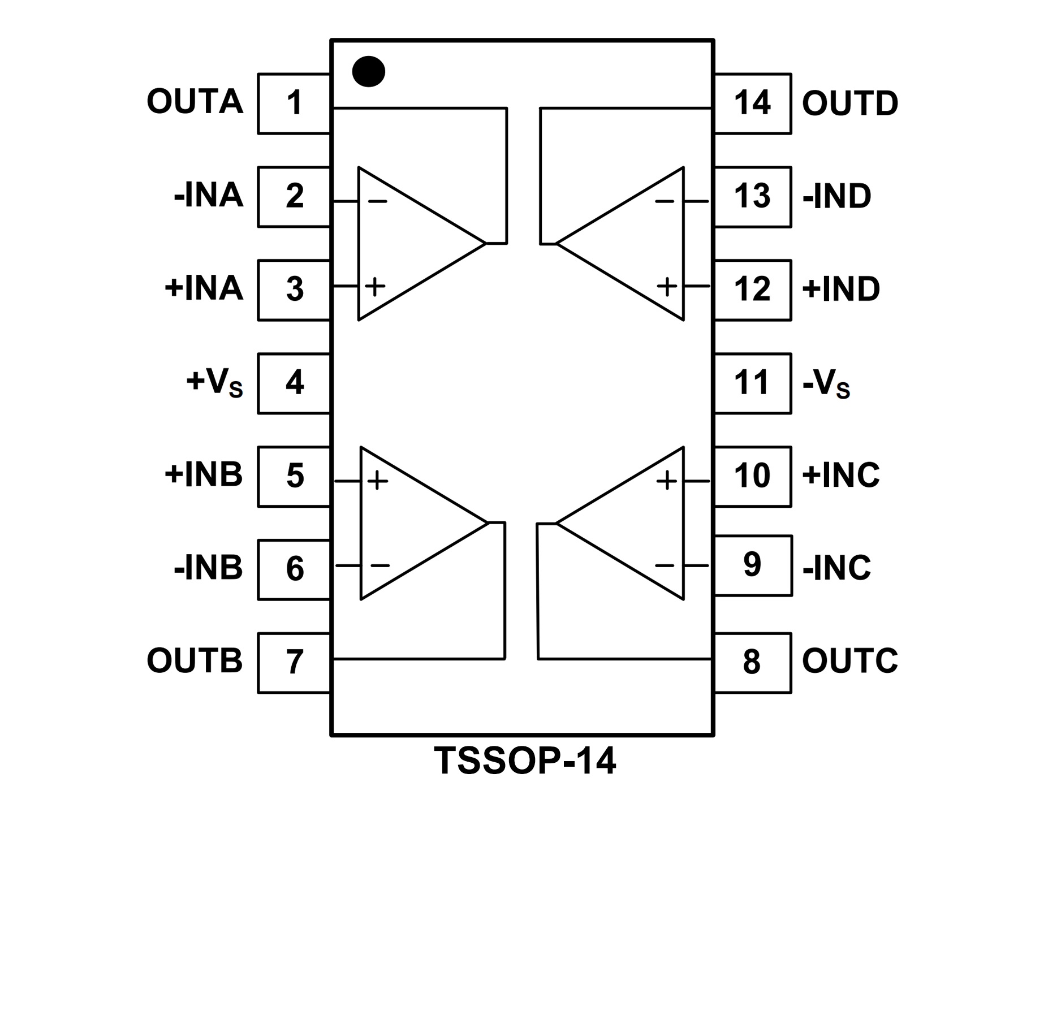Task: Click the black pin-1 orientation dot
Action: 368,72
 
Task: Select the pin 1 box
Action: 294,103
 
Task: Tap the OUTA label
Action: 195,102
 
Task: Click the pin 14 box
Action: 752,103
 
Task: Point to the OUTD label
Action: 849,103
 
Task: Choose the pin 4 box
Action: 294,383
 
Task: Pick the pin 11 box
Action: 752,383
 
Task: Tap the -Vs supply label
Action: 826,384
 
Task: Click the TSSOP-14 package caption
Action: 525,761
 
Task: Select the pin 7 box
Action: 294,662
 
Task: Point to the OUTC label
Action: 849,660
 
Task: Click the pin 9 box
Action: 752,565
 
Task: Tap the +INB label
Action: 204,474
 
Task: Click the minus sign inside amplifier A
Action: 377,201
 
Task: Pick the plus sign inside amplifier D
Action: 667,287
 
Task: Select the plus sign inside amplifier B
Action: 378,481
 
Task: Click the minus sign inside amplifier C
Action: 665,565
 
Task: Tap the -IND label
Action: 837,197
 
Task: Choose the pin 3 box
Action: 294,290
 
